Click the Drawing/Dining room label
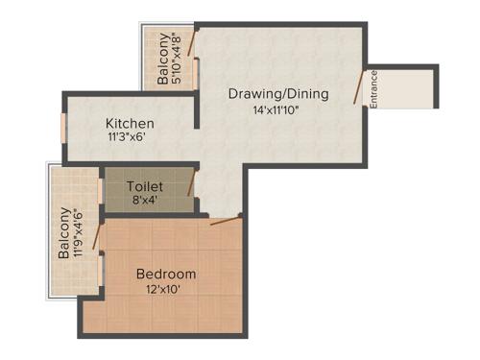(278, 94)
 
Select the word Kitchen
(130, 124)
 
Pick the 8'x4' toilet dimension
(146, 200)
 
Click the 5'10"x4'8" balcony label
(170, 60)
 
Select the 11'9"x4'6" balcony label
(70, 233)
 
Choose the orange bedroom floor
(192, 307)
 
